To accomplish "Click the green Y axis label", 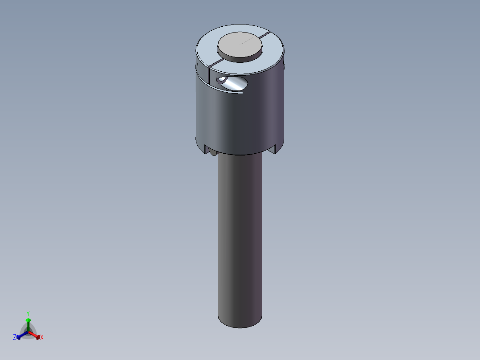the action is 28,313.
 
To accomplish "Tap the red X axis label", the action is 42,337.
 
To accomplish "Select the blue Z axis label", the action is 15,337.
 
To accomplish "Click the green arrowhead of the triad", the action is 28,320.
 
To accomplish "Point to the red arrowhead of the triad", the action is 38,337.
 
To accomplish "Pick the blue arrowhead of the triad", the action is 18,337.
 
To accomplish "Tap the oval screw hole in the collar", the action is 232,83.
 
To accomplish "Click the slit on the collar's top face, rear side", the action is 265,34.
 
